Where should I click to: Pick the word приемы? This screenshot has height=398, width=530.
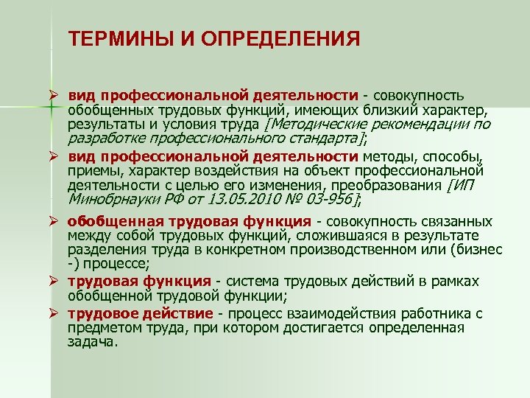coord(90,170)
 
